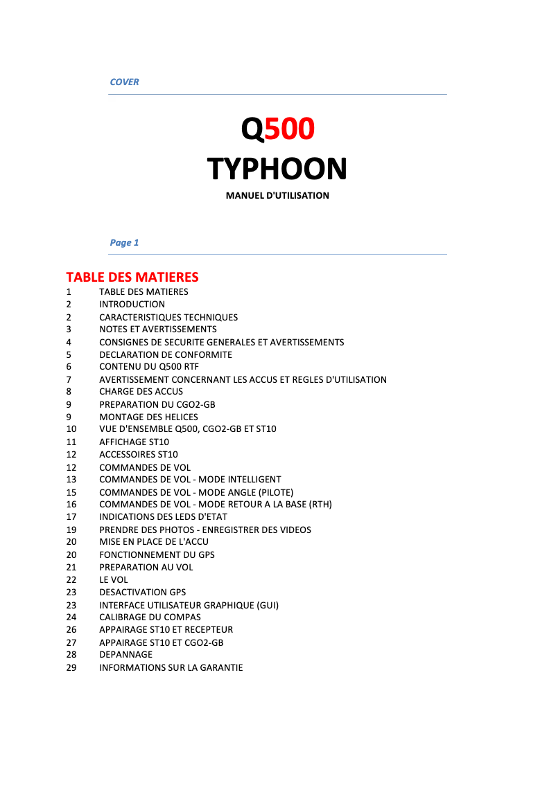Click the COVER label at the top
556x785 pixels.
pyautogui.click(x=124, y=82)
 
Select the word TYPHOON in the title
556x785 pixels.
pyautogui.click(x=277, y=169)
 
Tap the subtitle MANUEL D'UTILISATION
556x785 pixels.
pyautogui.click(x=277, y=195)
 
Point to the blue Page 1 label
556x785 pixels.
pyautogui.click(x=124, y=242)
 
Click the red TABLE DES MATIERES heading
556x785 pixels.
pyautogui.click(x=132, y=277)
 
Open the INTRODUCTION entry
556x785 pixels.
pyautogui.click(x=132, y=304)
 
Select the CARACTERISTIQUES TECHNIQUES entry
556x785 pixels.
pyautogui.click(x=168, y=317)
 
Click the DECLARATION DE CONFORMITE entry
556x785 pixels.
pyautogui.click(x=166, y=354)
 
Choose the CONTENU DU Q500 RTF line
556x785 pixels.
pyautogui.click(x=149, y=367)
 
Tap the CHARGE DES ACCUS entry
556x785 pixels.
pyautogui.click(x=141, y=391)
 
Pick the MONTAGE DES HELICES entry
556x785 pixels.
pyautogui.click(x=148, y=417)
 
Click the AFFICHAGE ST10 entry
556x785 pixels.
pyautogui.click(x=134, y=442)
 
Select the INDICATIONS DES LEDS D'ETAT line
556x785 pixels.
pyautogui.click(x=163, y=516)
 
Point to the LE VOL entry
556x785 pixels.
pyautogui.click(x=114, y=579)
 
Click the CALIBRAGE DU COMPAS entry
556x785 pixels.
pyautogui.click(x=150, y=617)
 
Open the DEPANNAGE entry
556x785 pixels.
pyautogui.click(x=125, y=654)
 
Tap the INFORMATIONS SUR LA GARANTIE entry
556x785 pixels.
pyautogui.click(x=171, y=667)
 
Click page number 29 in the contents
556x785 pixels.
pyautogui.click(x=71, y=667)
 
